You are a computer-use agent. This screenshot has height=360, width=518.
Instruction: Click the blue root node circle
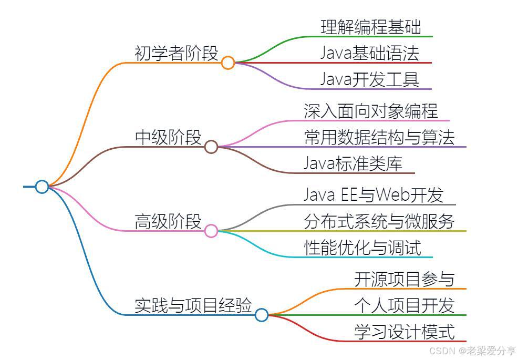[x=42, y=187]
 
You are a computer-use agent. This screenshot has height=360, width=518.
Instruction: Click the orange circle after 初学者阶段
[x=227, y=63]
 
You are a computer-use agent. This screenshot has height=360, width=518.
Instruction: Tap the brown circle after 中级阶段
[x=211, y=147]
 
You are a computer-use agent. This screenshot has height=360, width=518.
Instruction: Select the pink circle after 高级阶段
[x=211, y=231]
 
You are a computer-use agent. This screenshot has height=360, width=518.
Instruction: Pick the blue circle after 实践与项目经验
[x=261, y=315]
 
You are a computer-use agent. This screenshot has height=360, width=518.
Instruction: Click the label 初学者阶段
[x=177, y=53]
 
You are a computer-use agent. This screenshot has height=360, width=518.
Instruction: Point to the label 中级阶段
[x=168, y=137]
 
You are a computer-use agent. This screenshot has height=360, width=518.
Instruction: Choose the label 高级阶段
[x=168, y=221]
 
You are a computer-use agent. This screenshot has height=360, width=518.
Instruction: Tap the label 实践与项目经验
[x=193, y=305]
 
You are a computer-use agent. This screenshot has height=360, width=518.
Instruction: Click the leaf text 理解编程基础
[x=371, y=27]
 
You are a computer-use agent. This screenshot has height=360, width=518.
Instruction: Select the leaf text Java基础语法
[x=370, y=53]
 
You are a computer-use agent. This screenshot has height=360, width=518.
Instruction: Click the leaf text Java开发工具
[x=370, y=79]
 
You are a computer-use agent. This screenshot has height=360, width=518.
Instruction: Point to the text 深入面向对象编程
[x=371, y=111]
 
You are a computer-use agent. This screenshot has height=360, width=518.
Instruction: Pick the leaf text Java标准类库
[x=353, y=163]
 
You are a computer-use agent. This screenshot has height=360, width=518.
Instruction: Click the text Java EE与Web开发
[x=374, y=195]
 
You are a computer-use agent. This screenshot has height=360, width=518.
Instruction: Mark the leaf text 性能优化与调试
[x=362, y=248]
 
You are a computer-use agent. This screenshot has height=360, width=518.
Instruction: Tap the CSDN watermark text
[x=472, y=351]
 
